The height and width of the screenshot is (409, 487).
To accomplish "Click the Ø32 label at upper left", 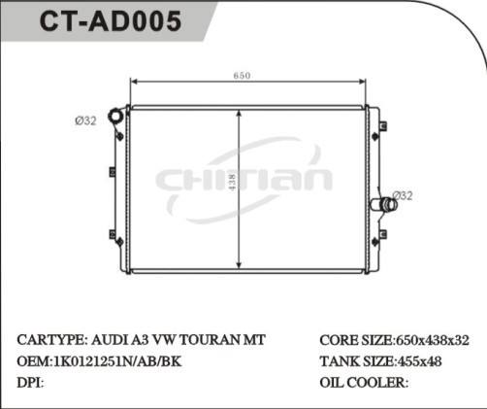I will [x=85, y=120].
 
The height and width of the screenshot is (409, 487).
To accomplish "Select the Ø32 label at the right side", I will [x=404, y=194].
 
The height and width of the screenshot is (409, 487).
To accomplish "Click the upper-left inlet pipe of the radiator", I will [x=117, y=118].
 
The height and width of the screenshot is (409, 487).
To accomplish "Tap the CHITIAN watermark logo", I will [x=244, y=179].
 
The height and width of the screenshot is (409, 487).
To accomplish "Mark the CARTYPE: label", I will [x=50, y=340].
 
